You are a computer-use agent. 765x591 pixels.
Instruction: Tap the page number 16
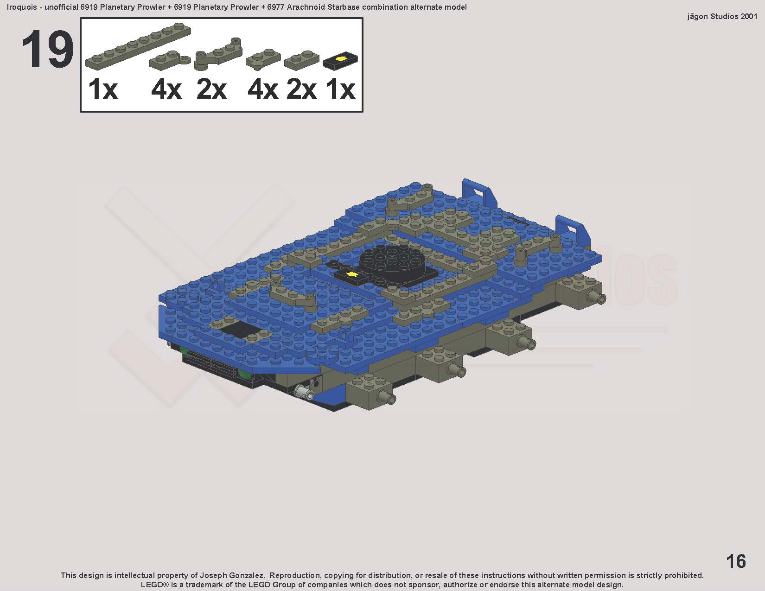pos(736,561)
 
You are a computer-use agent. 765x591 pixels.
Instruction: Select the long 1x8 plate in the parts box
pos(138,46)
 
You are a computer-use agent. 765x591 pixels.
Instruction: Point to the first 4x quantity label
pos(166,89)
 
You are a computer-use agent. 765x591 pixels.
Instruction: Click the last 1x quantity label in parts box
pos(340,89)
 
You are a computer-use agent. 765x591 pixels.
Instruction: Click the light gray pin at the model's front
pos(305,390)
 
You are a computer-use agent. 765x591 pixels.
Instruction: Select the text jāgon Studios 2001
pos(722,17)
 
